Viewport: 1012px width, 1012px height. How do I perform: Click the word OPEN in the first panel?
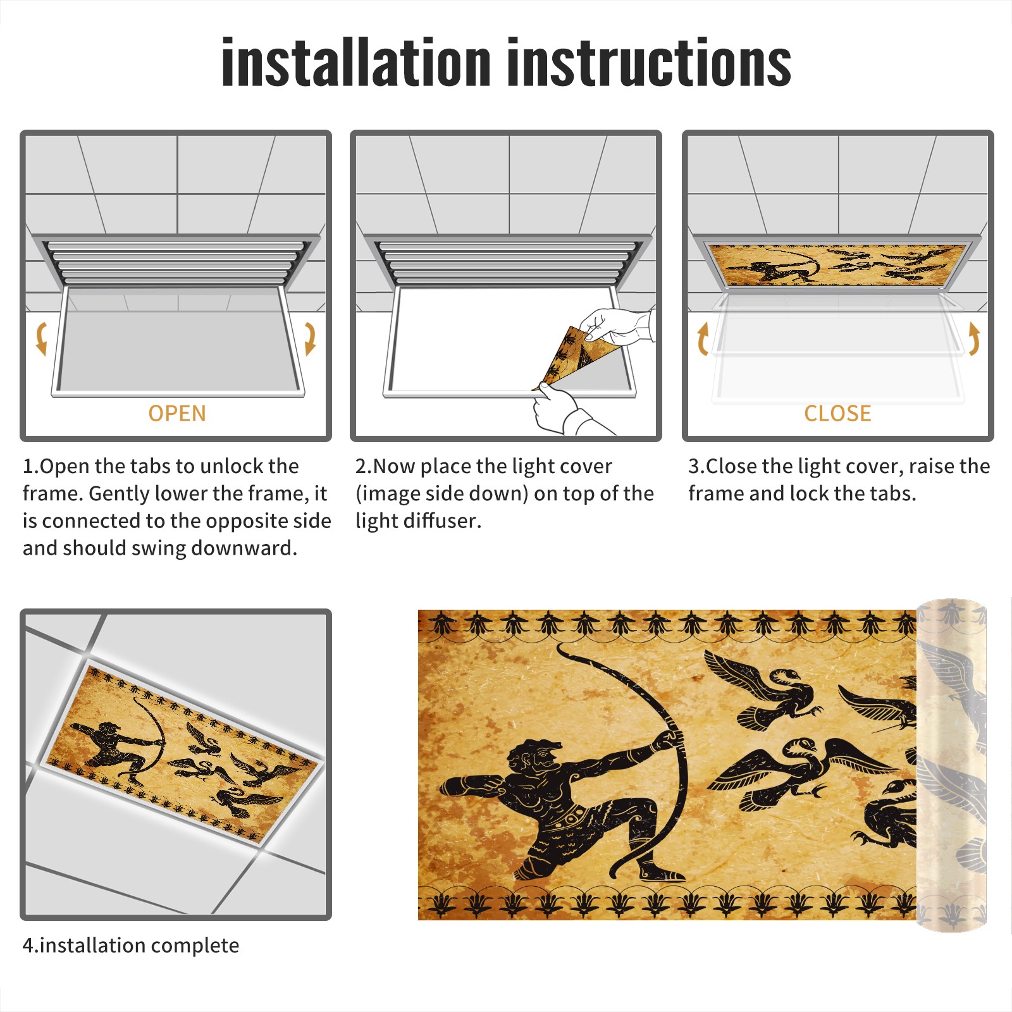[177, 413]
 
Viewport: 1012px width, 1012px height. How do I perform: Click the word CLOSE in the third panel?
[837, 413]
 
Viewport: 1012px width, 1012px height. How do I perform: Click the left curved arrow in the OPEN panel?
[42, 338]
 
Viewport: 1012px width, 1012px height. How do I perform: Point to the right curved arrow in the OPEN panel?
[310, 338]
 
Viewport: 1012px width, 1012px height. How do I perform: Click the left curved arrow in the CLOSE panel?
[703, 338]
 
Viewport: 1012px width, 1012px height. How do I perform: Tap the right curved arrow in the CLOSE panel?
[974, 338]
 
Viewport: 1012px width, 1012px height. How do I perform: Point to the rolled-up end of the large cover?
[951, 765]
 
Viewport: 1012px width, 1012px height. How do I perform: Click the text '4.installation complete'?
[131, 946]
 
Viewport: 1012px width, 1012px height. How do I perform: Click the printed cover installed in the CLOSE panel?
[837, 264]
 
